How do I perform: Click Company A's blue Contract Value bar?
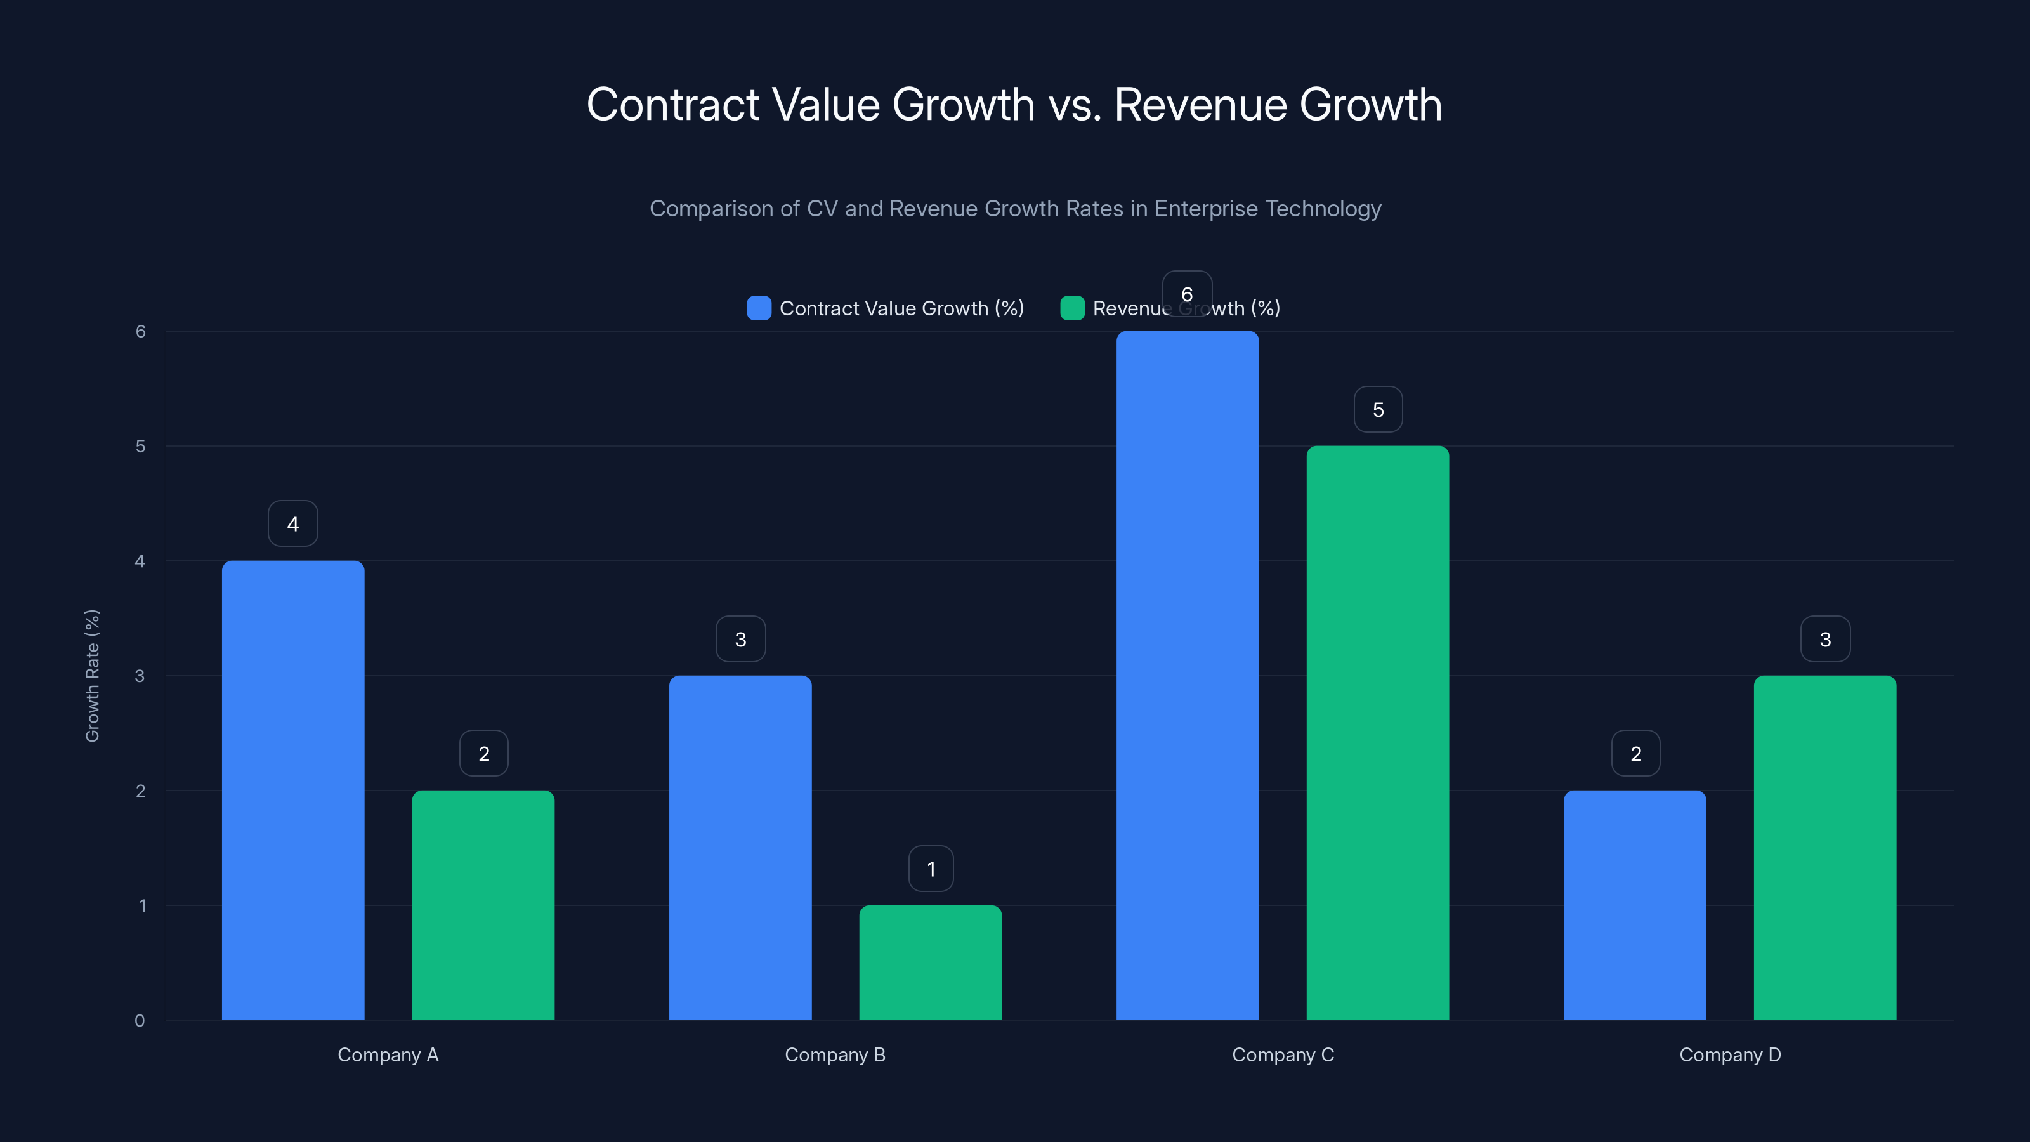[292, 790]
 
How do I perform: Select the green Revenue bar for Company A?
[483, 905]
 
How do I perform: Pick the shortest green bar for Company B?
[930, 962]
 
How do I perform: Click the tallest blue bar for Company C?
[1187, 676]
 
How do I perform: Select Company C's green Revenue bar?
[1377, 733]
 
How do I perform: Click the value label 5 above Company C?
[1377, 410]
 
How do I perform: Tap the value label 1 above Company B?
[931, 869]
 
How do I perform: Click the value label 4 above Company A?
[292, 524]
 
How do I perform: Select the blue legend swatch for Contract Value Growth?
[758, 308]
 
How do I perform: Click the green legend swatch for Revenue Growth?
[1071, 308]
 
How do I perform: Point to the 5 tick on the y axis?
[140, 446]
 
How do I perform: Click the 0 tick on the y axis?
[140, 1021]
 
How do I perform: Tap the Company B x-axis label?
[835, 1054]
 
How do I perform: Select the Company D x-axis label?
[1730, 1054]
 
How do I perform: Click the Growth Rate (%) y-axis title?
[92, 676]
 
